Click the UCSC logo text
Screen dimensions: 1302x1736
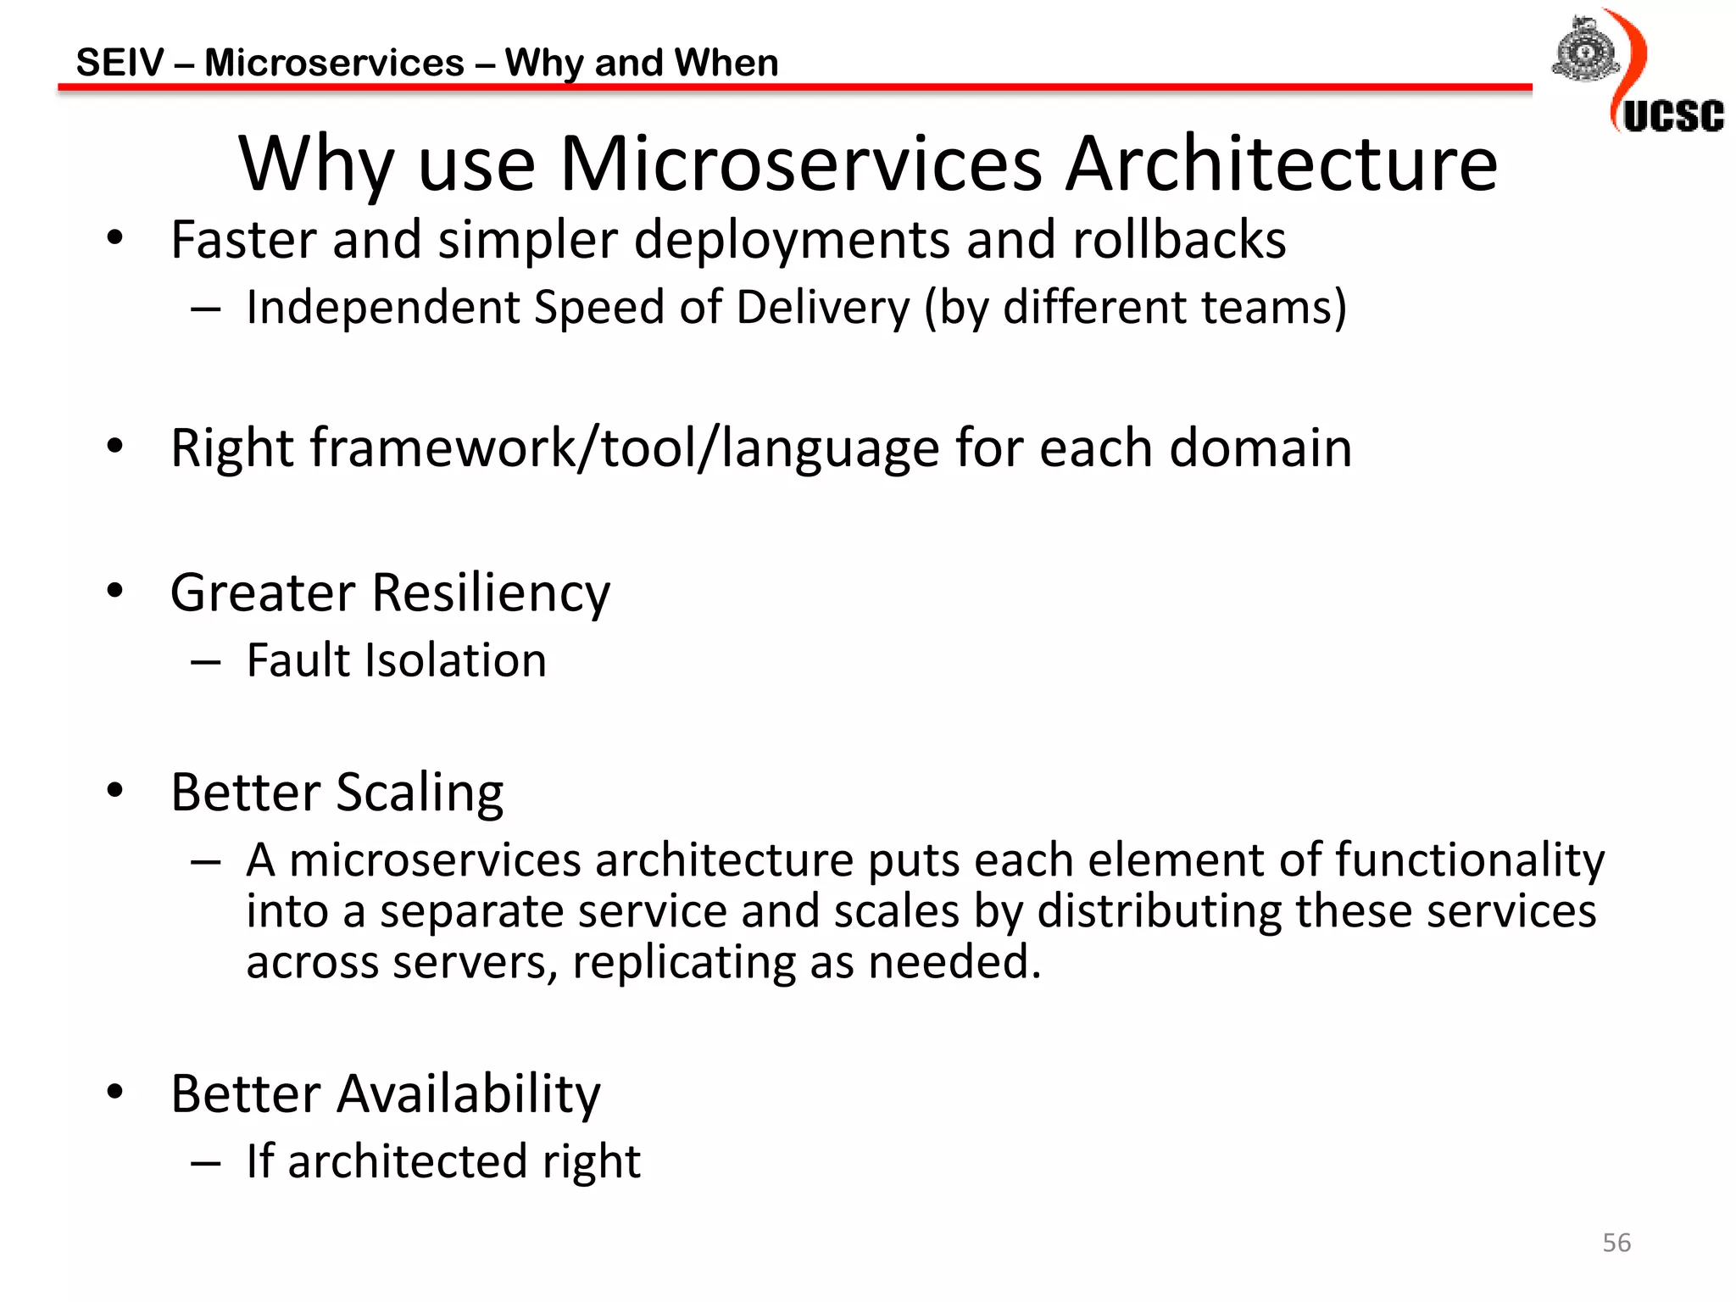pyautogui.click(x=1672, y=116)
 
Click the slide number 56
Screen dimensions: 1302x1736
pyautogui.click(x=1616, y=1243)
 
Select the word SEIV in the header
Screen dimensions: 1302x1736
pyautogui.click(x=120, y=63)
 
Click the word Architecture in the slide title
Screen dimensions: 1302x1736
pyautogui.click(x=1281, y=164)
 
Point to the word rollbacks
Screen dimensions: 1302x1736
pyautogui.click(x=1179, y=240)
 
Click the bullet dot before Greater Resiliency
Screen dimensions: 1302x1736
pyautogui.click(x=115, y=591)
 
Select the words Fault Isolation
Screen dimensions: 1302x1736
pyautogui.click(x=396, y=660)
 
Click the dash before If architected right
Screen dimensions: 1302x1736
pyautogui.click(x=206, y=1163)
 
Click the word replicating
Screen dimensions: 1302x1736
pyautogui.click(x=683, y=963)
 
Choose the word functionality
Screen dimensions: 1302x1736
pyautogui.click(x=1469, y=860)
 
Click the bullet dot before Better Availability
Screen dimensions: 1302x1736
pyautogui.click(x=115, y=1092)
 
